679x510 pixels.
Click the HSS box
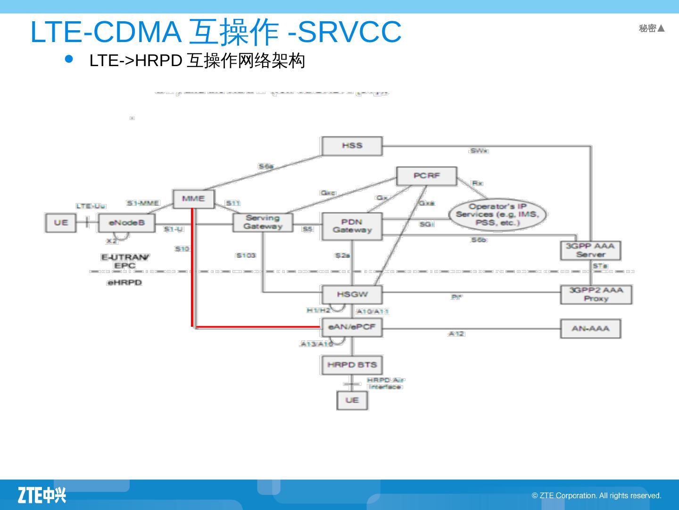click(352, 146)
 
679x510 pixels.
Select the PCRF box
click(427, 176)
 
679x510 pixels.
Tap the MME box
click(193, 199)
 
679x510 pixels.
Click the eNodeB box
click(126, 223)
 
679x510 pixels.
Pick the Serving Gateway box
click(263, 222)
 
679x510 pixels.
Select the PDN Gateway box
click(352, 226)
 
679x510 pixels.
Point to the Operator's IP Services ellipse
click(497, 214)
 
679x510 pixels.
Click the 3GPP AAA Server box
click(590, 250)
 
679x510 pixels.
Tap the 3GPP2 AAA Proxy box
click(596, 294)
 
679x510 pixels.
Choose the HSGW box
click(352, 294)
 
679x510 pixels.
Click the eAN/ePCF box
click(352, 327)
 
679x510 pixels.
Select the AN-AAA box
click(590, 329)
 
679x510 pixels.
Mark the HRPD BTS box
click(352, 365)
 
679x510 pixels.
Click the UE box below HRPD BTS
click(352, 400)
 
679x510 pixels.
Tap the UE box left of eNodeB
click(60, 223)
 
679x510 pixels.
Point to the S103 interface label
click(246, 255)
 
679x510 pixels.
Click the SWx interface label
click(479, 151)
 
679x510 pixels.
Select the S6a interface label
click(265, 166)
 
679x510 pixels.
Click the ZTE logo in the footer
click(42, 495)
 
